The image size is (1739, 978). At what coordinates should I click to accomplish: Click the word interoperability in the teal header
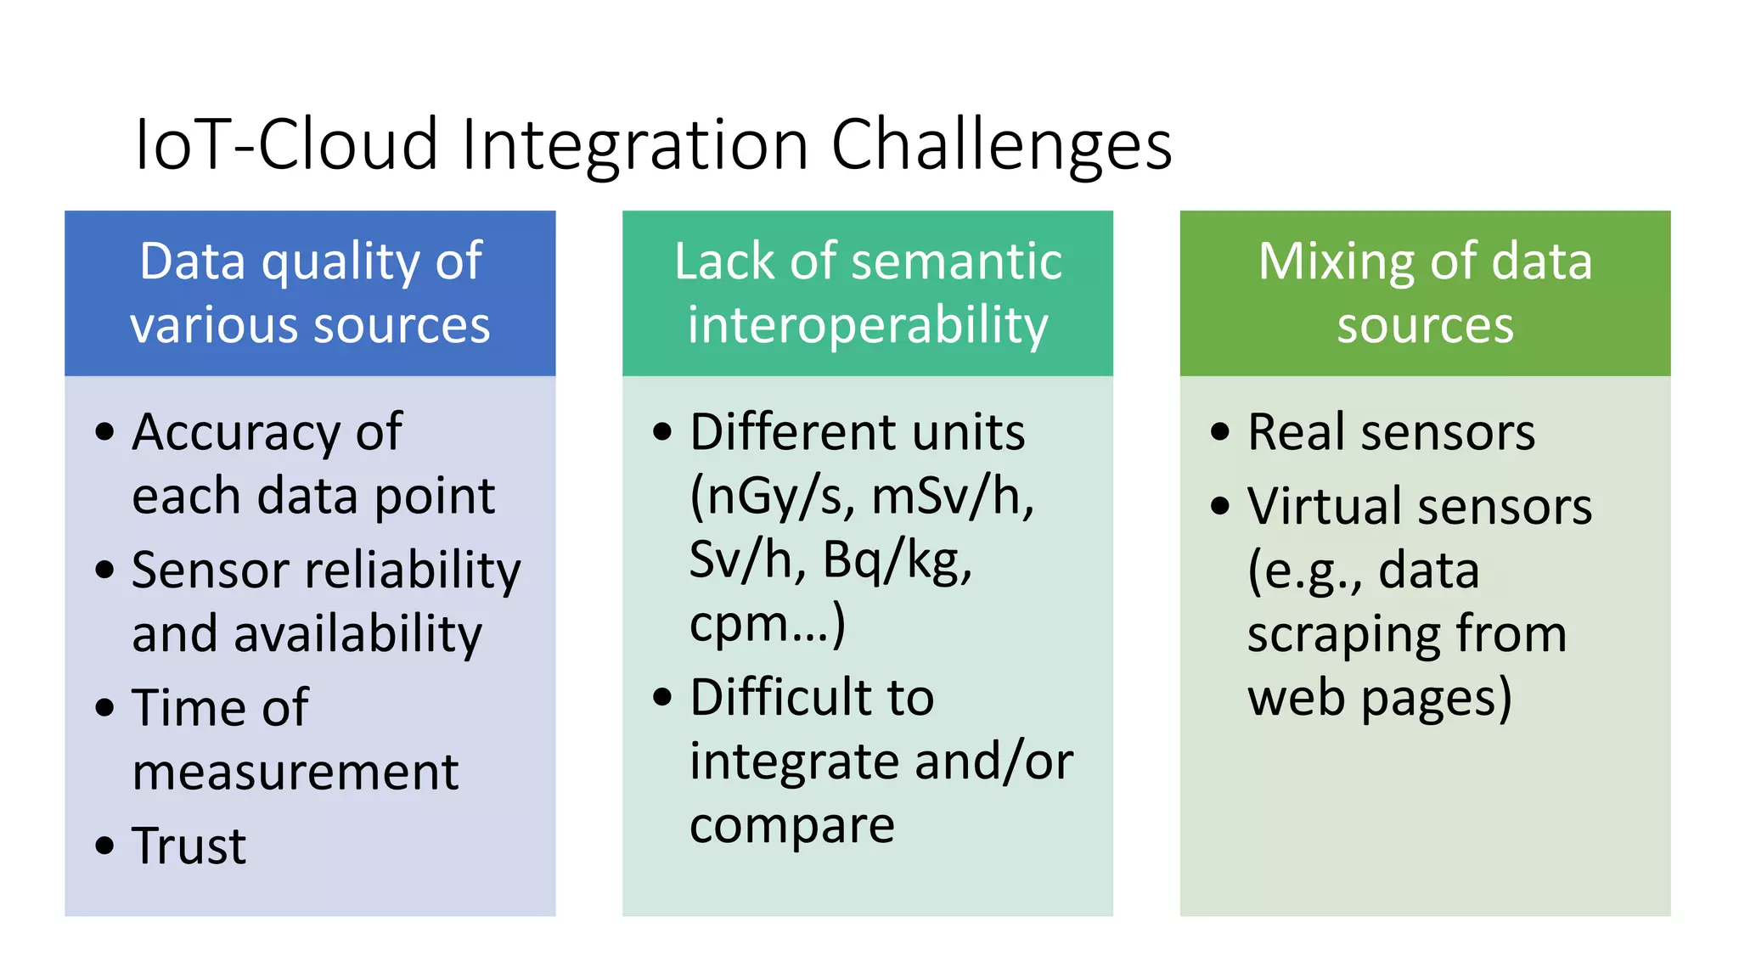click(x=868, y=326)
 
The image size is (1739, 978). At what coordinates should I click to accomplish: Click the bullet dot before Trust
click(x=104, y=846)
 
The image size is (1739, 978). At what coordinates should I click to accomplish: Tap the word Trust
click(x=189, y=846)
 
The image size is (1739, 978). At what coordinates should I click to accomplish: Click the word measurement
click(x=295, y=773)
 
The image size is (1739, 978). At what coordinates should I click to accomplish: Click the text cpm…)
click(x=767, y=624)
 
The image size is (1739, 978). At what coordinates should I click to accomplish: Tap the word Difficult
click(x=782, y=698)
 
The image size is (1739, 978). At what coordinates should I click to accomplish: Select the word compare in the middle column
click(x=791, y=825)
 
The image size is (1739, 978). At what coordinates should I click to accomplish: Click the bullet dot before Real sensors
click(x=1220, y=432)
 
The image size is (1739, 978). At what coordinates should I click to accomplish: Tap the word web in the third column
click(x=1296, y=698)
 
